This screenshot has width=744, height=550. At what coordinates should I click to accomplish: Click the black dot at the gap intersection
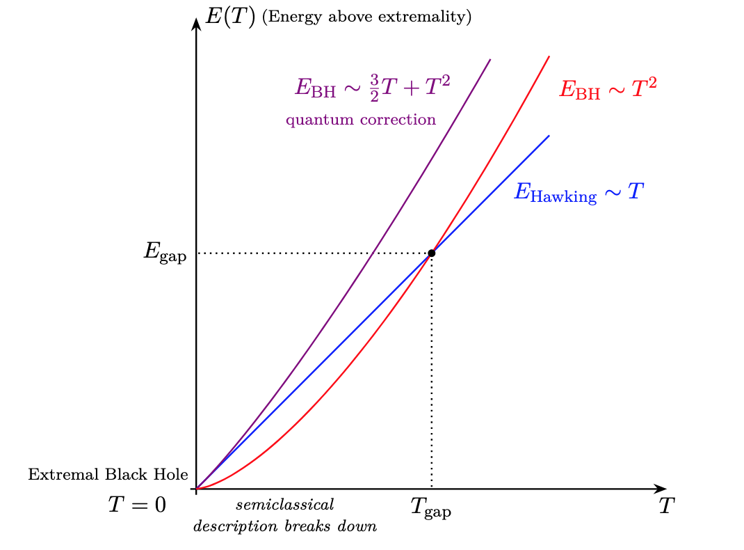pyautogui.click(x=432, y=253)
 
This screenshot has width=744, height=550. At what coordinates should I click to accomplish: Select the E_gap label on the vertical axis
pyautogui.click(x=165, y=253)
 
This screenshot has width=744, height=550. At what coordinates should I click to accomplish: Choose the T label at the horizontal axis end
pyautogui.click(x=667, y=506)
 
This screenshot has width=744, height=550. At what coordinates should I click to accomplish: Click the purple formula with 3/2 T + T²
pyautogui.click(x=373, y=88)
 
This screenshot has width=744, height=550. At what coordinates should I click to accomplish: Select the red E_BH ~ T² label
pyautogui.click(x=608, y=89)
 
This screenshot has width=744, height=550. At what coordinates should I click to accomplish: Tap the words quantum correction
pyautogui.click(x=361, y=120)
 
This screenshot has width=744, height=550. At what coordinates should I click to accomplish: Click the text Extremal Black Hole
pyautogui.click(x=108, y=475)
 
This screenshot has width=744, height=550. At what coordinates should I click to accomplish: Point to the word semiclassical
pyautogui.click(x=285, y=503)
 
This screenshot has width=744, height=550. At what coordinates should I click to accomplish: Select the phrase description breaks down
pyautogui.click(x=285, y=526)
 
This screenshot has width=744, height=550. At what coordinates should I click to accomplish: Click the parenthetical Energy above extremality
pyautogui.click(x=366, y=17)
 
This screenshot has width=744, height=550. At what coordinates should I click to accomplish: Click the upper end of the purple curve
pyautogui.click(x=490, y=60)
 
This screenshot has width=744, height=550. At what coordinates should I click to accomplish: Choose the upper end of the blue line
pyautogui.click(x=549, y=136)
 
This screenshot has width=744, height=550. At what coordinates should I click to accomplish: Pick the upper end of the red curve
pyautogui.click(x=549, y=56)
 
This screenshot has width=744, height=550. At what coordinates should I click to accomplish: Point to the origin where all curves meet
pyautogui.click(x=197, y=489)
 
